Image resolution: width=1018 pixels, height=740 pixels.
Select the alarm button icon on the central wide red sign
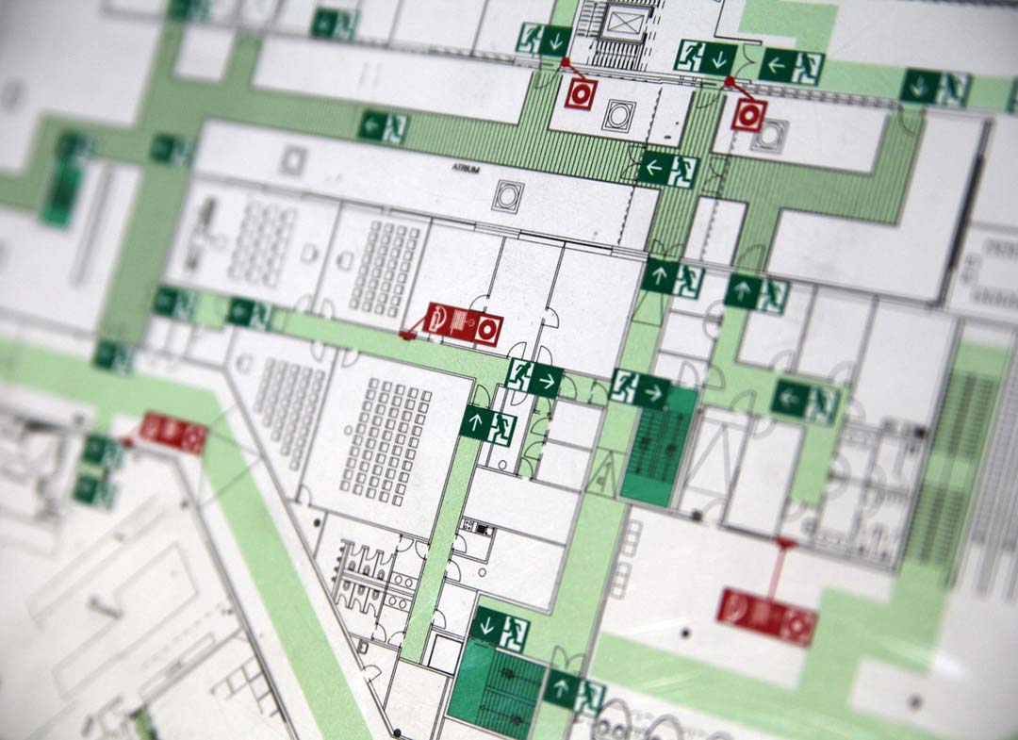[x=488, y=331]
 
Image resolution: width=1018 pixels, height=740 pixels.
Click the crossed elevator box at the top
[x=623, y=21]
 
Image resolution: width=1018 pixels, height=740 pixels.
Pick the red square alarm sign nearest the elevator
[x=580, y=93]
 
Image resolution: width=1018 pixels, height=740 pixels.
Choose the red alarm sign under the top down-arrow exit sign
[x=749, y=115]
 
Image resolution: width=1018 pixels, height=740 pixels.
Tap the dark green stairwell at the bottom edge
[x=497, y=685]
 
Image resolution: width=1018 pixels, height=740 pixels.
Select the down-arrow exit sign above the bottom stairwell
[x=500, y=628]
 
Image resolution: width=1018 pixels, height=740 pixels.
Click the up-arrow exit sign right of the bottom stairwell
[x=574, y=693]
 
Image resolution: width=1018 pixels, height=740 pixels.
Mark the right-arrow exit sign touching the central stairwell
[x=639, y=386]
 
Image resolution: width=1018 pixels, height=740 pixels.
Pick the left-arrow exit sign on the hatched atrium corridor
[x=667, y=170]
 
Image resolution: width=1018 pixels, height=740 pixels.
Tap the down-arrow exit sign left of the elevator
[x=544, y=40]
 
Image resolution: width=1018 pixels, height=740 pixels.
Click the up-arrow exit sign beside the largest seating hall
[x=488, y=423]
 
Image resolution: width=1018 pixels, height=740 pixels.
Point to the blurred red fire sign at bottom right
[x=766, y=617]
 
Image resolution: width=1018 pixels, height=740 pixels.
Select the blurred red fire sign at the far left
[x=173, y=432]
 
